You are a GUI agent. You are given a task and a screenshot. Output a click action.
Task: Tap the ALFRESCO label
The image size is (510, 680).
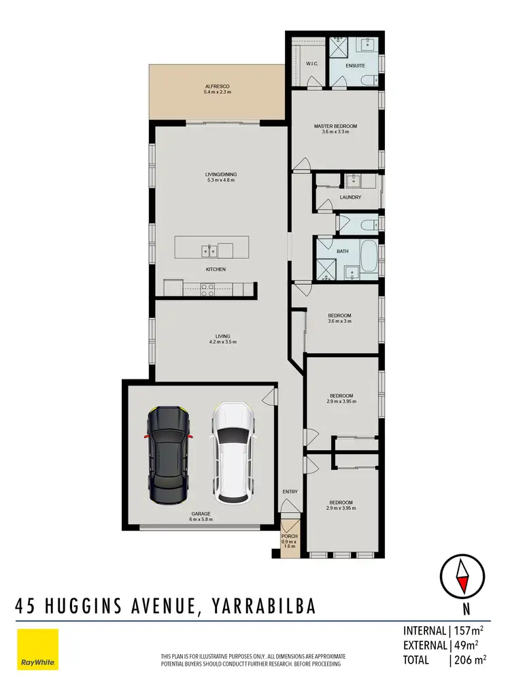point(218,86)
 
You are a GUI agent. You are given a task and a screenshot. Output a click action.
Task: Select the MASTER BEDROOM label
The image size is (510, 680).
point(335,126)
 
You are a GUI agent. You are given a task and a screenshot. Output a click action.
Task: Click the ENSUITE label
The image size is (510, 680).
point(355,66)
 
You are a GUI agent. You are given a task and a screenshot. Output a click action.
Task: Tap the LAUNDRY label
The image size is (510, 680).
point(350,197)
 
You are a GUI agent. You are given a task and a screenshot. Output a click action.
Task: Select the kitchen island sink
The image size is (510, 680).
point(209,252)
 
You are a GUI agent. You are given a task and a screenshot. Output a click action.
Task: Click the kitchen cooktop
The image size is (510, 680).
point(208,288)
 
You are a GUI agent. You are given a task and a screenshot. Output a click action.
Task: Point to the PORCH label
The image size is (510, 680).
point(290,537)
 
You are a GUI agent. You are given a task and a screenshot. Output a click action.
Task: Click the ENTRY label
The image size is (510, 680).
point(290,491)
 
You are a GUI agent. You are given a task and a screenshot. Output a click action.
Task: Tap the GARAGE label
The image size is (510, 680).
point(201,513)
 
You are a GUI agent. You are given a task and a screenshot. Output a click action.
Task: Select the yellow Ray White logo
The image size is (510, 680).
point(37,649)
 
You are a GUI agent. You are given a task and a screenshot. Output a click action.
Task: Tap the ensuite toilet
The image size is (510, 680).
point(368,81)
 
